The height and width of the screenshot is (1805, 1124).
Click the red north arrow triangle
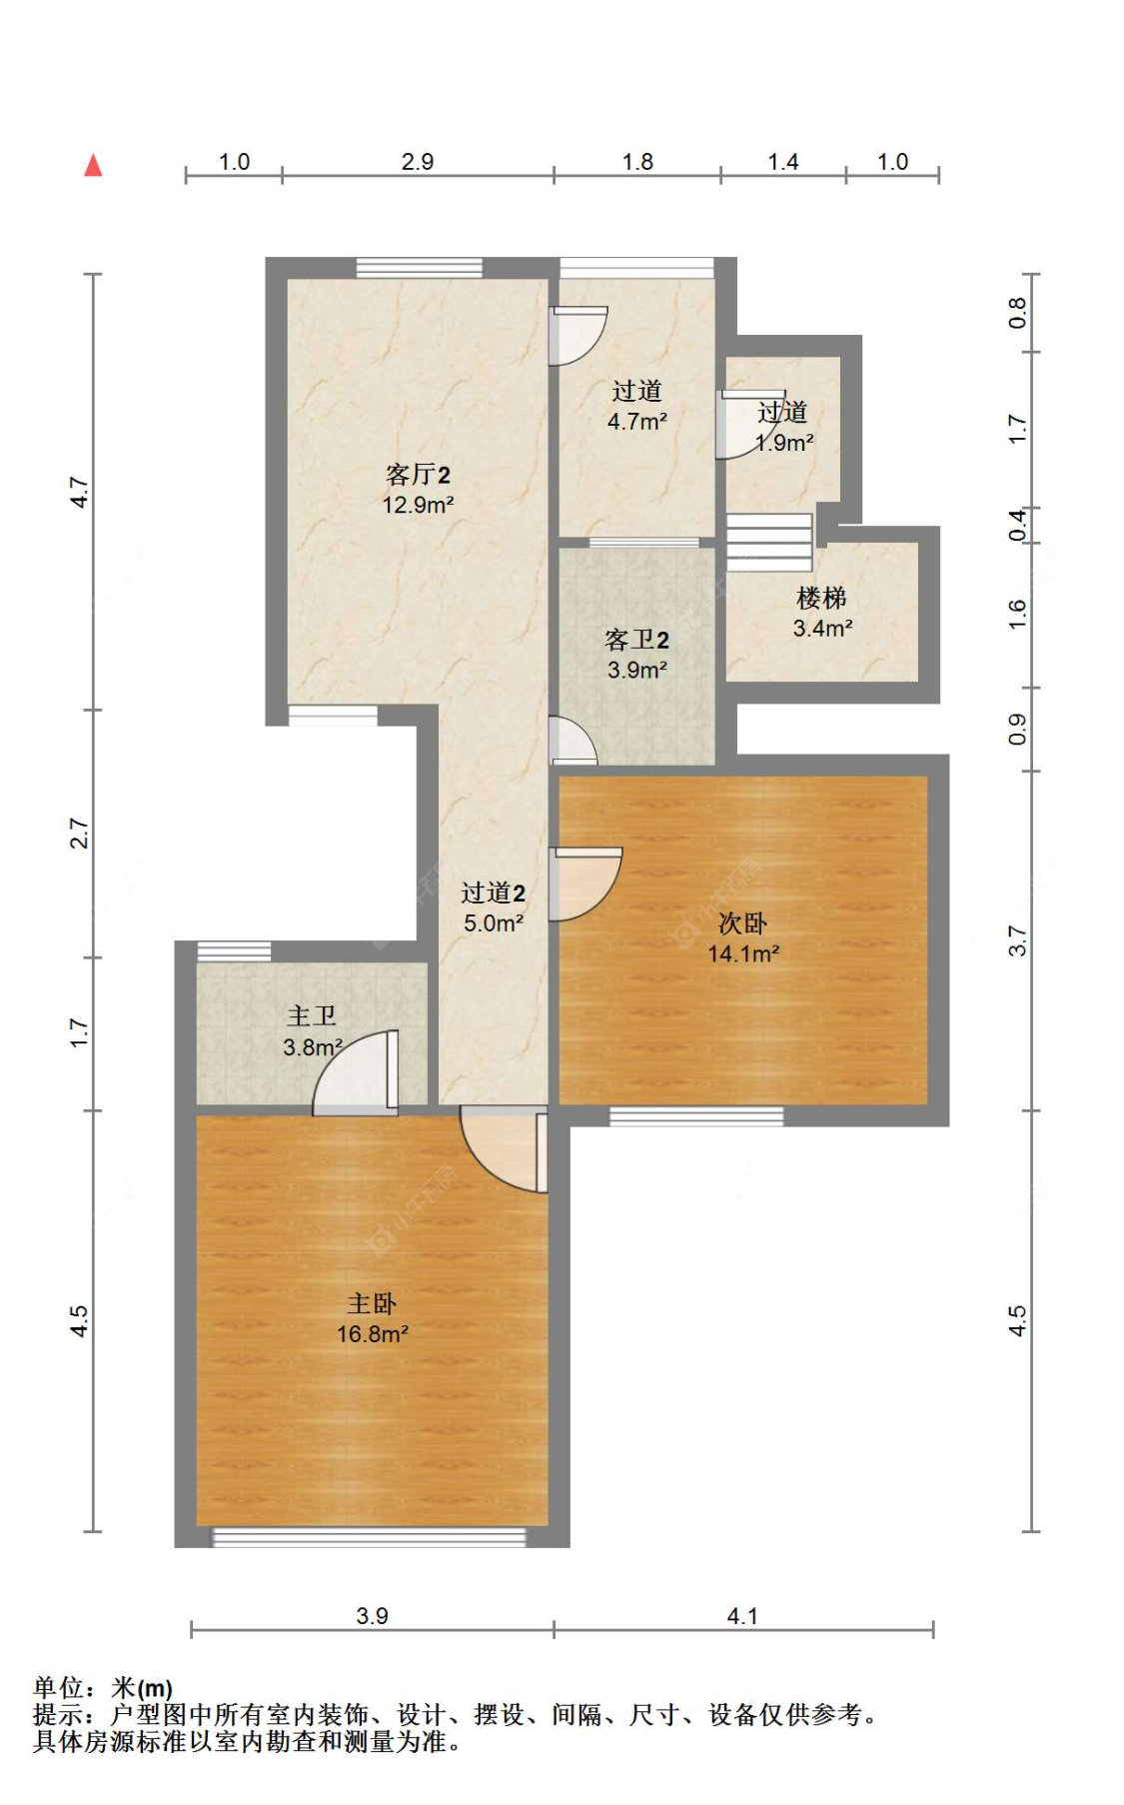coord(93,165)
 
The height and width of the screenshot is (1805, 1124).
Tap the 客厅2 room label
coord(418,475)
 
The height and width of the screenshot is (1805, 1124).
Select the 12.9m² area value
coord(418,505)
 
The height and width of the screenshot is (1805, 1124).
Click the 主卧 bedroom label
coord(372,1303)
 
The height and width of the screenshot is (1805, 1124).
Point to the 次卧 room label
coord(743,923)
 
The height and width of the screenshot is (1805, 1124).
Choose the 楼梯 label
coord(821,598)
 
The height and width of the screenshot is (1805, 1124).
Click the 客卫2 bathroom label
coord(636,640)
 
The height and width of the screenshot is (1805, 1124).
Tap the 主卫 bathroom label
coord(312,1016)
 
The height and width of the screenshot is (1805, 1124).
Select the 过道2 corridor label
coord(493,893)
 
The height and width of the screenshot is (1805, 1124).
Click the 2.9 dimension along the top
coord(418,162)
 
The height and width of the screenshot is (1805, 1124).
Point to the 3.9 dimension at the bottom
coord(372,1616)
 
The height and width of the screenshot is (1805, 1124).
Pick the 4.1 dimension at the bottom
coord(742,1616)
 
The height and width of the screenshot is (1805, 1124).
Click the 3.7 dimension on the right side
coord(1017,940)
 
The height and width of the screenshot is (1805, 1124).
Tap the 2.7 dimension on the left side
coord(80,834)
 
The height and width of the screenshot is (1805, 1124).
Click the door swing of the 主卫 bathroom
coord(355,1072)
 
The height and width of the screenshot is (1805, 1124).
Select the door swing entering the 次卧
coord(585,885)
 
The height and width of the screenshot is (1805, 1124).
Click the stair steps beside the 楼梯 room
coord(768,542)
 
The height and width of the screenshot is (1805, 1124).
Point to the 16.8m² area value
coord(372,1333)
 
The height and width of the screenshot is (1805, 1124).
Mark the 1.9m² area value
coord(784,443)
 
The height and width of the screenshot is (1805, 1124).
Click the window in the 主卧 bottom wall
coord(370,1537)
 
